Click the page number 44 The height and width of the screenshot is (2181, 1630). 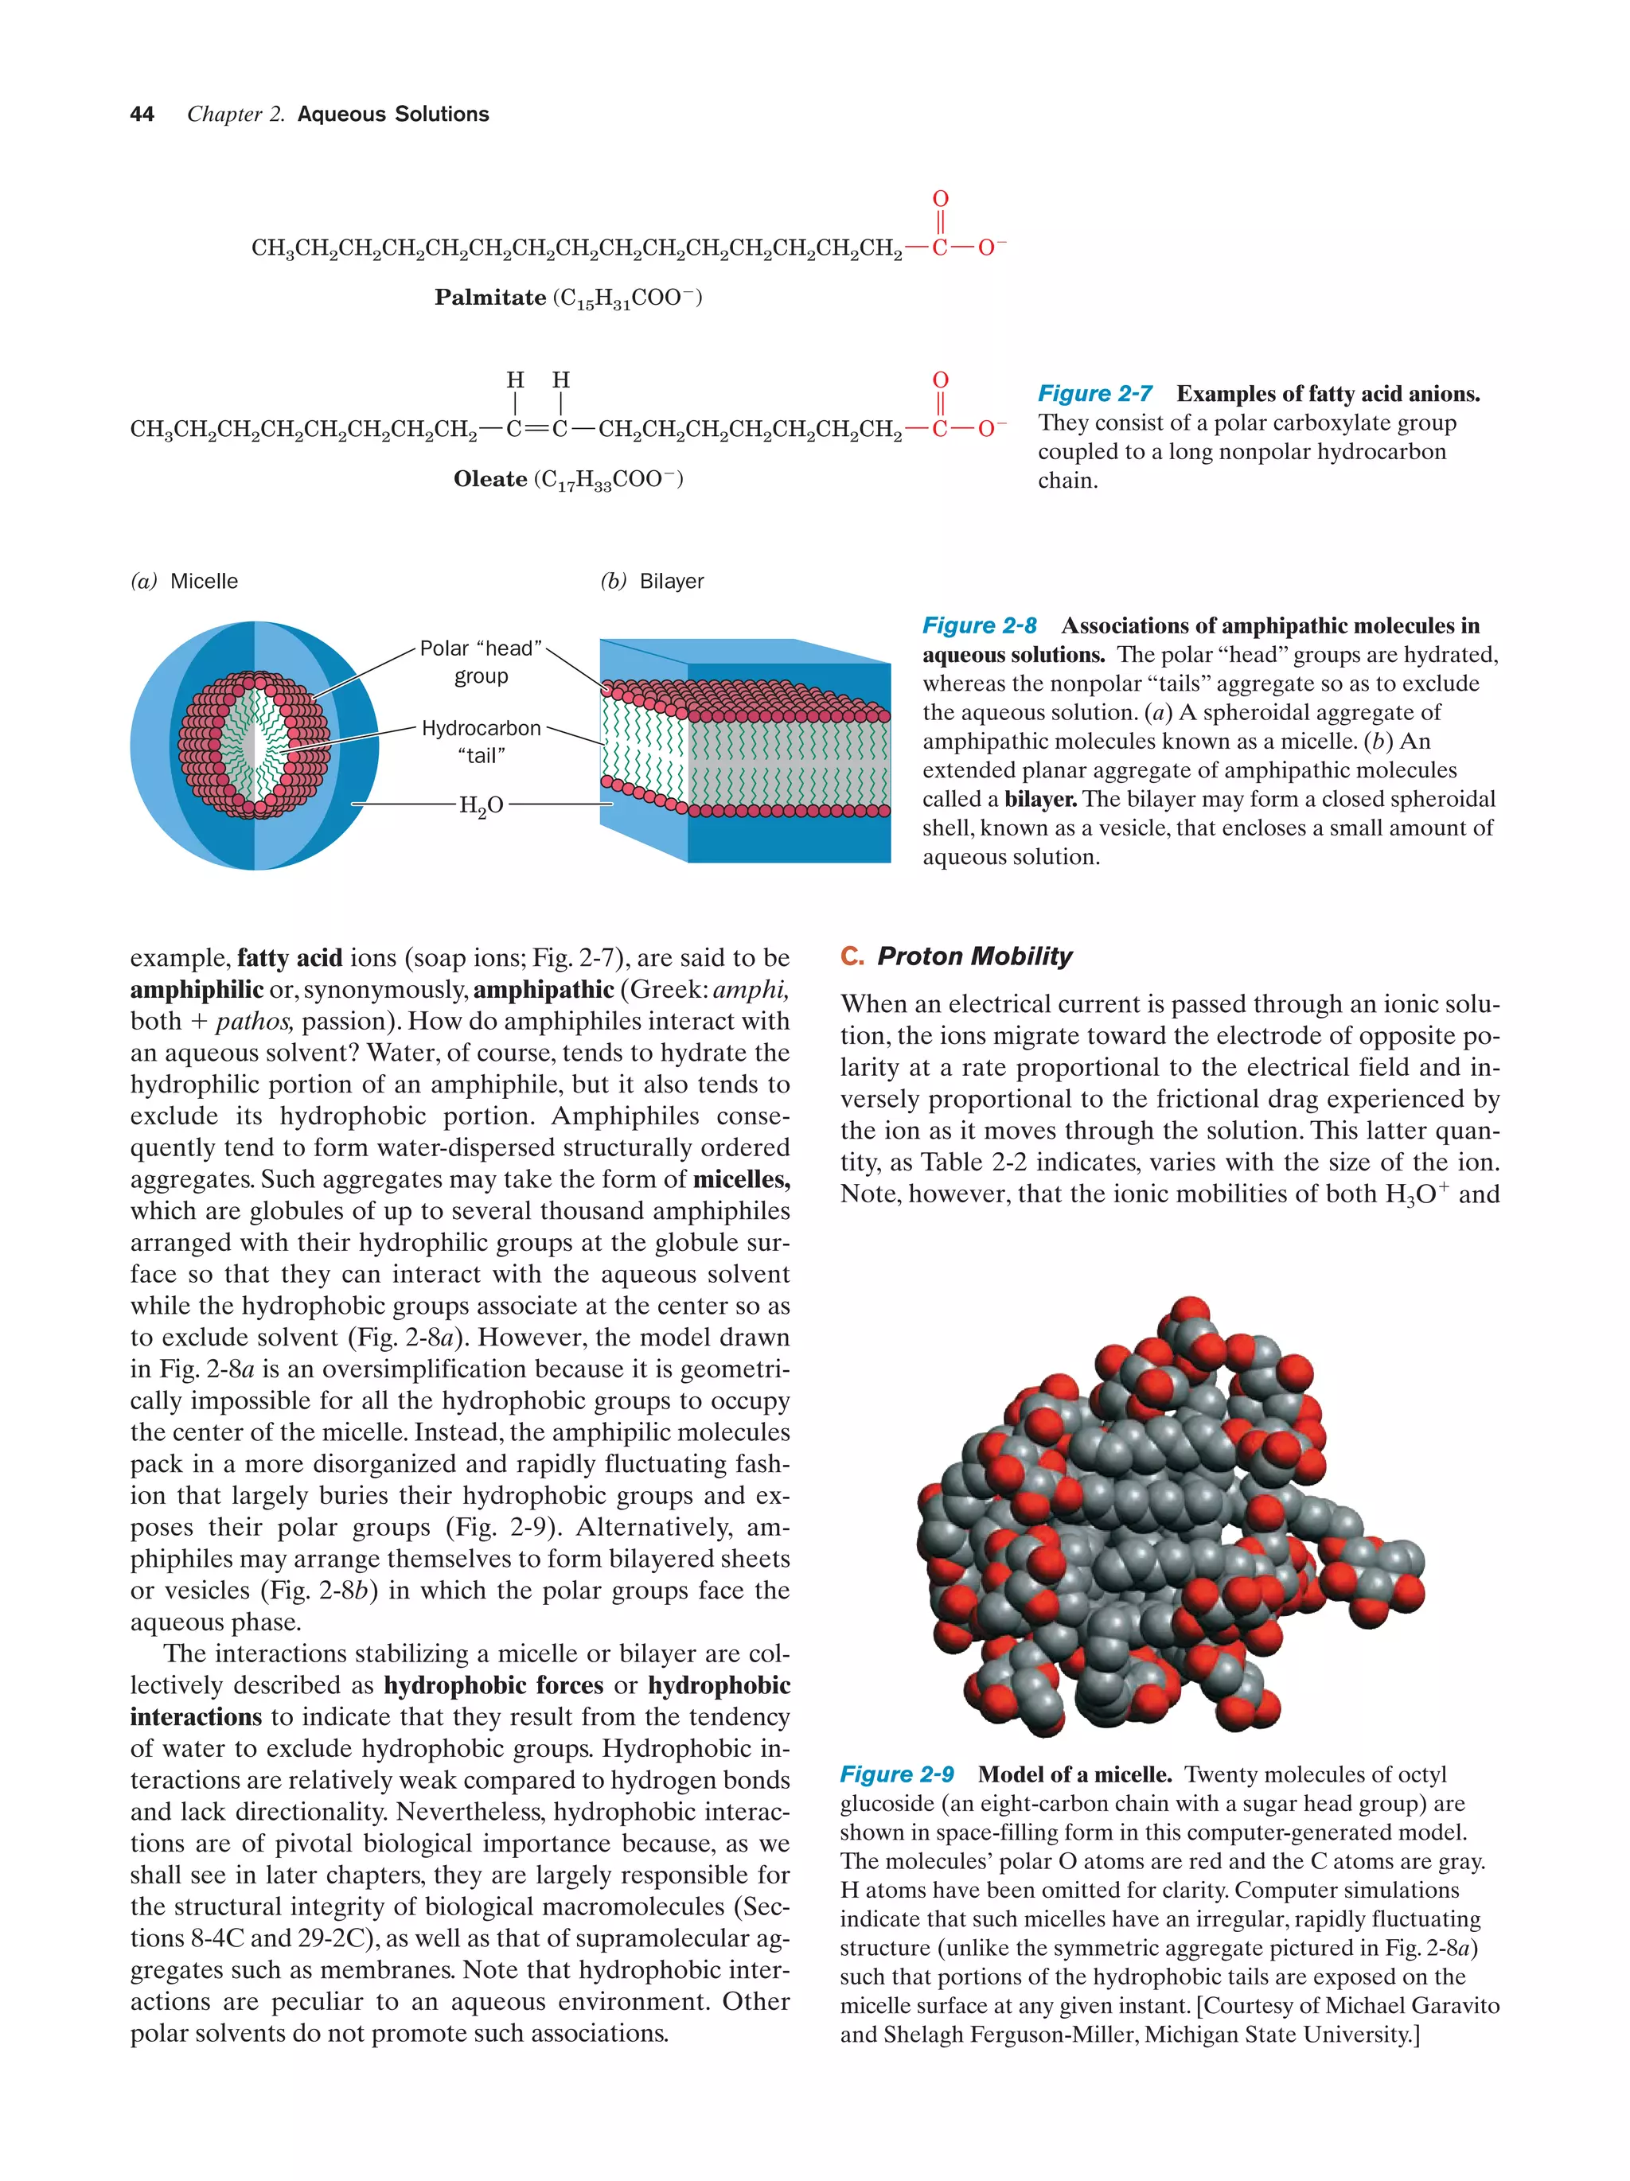tap(142, 115)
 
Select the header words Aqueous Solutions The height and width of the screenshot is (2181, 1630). tap(392, 115)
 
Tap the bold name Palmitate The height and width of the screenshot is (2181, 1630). tap(490, 298)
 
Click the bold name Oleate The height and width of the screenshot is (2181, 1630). tap(490, 479)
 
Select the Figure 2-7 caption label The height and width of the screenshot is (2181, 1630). tap(1094, 393)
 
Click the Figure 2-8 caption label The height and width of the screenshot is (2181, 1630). tap(979, 625)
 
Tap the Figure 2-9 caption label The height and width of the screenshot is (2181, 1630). tap(896, 1774)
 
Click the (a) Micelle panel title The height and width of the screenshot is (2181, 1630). tap(185, 581)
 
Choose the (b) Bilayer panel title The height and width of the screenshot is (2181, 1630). tap(652, 581)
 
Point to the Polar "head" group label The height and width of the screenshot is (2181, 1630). tap(482, 661)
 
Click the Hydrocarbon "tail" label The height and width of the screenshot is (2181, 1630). tap(482, 742)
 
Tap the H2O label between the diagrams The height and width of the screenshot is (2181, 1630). tap(482, 805)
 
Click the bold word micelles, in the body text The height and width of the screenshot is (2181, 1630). tap(740, 1179)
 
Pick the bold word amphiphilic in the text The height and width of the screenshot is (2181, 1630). tap(197, 989)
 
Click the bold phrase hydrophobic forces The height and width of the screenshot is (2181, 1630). tap(493, 1685)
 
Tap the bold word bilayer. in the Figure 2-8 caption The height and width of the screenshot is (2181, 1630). tap(1039, 799)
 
